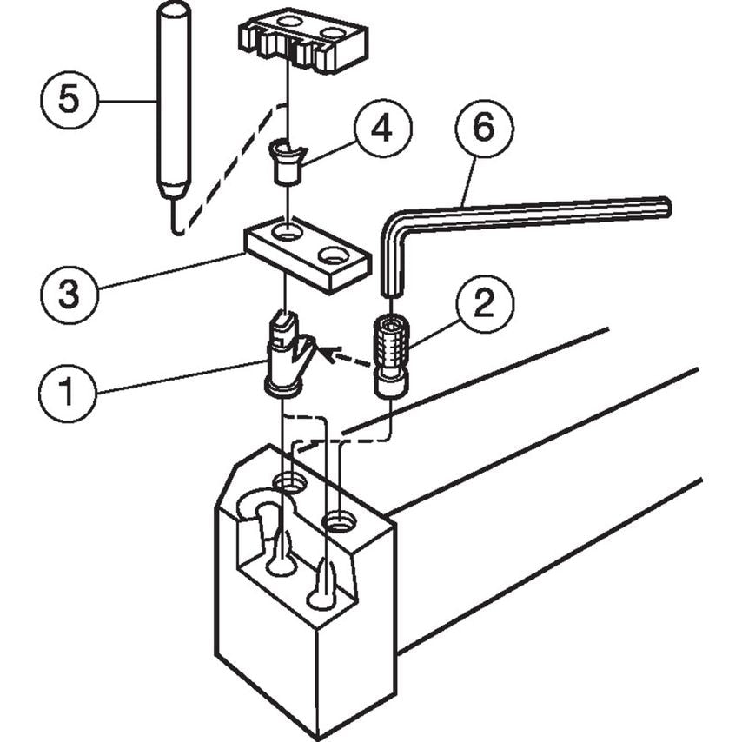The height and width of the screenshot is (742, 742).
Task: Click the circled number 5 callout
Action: click(69, 102)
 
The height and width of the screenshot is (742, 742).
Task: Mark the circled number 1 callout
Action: click(68, 392)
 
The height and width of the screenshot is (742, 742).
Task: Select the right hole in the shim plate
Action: click(334, 256)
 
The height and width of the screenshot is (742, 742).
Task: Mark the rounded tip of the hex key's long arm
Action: click(665, 208)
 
